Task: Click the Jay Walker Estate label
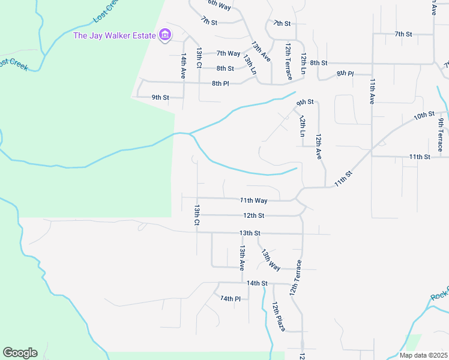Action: (115, 35)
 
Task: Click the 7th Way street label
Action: (228, 53)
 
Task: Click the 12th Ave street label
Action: (319, 146)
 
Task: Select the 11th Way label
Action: (253, 200)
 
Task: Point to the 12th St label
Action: (253, 215)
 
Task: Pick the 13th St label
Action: (250, 233)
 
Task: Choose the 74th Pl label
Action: (230, 298)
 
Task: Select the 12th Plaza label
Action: (279, 316)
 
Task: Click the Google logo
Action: (20, 352)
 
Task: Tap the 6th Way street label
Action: (219, 5)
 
